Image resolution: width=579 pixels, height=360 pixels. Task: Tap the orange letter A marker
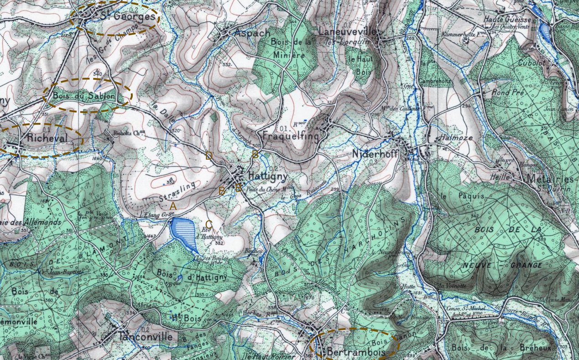coord(173,207)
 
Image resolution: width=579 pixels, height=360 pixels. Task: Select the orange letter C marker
coord(209,224)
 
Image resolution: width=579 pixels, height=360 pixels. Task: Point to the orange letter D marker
coord(209,156)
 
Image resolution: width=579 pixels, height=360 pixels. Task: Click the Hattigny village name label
coord(268,175)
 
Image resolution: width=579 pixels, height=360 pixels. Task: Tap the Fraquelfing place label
coord(291,136)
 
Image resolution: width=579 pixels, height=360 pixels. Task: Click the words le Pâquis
coord(455,196)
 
